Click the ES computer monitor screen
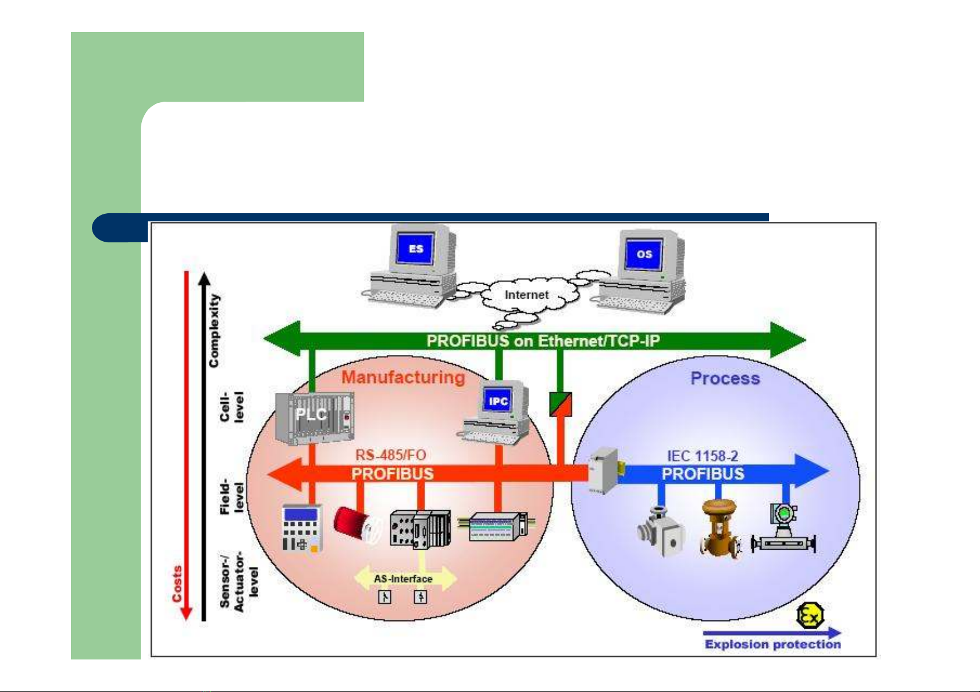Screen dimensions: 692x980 (416, 249)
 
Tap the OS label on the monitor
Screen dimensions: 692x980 (644, 254)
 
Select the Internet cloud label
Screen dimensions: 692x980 (526, 295)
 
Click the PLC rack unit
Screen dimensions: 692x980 (315, 417)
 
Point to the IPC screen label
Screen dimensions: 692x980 (498, 401)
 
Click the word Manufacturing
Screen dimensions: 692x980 (403, 378)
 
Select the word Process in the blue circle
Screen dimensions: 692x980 (725, 379)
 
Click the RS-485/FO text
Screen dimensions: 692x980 (391, 456)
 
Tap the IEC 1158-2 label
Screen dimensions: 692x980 (703, 457)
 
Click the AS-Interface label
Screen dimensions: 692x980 (403, 579)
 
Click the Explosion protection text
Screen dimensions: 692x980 (772, 644)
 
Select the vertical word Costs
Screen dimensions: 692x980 (177, 583)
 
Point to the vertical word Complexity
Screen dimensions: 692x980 (215, 330)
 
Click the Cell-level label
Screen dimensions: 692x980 (231, 406)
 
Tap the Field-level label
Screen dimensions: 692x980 (231, 497)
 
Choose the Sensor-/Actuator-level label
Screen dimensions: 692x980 (238, 581)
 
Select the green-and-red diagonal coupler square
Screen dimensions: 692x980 (561, 404)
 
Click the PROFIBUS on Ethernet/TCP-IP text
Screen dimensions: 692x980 (543, 341)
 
